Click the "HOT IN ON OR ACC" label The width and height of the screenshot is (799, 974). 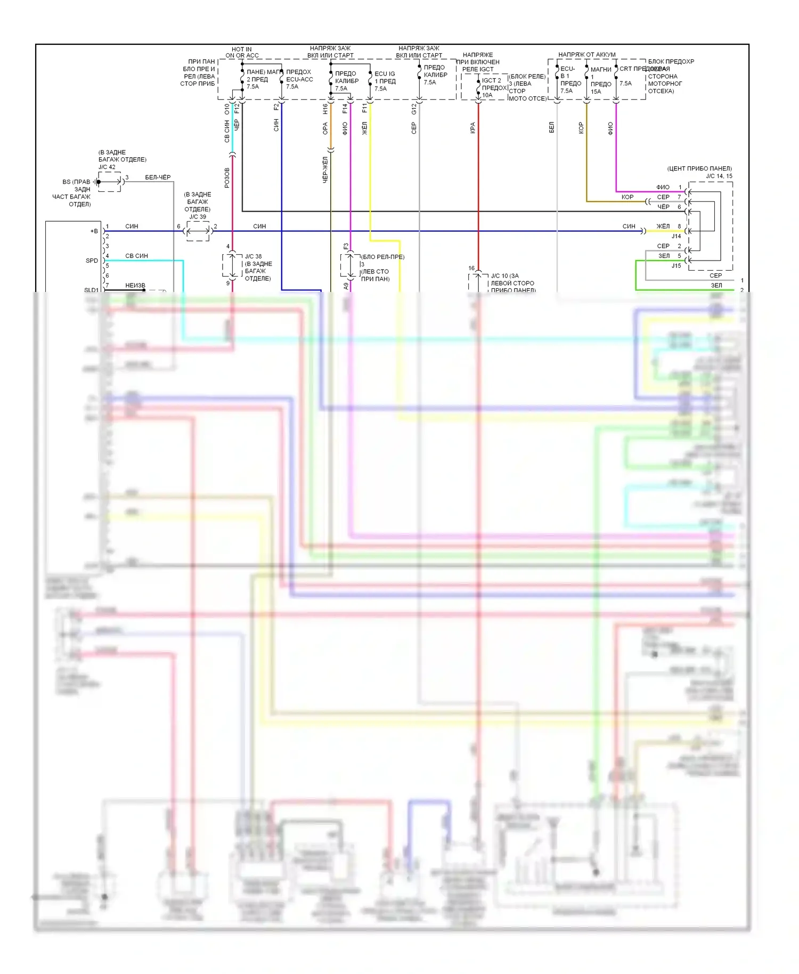[x=242, y=52]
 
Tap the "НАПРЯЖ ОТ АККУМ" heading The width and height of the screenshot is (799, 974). [x=586, y=55]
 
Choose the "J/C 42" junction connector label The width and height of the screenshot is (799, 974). [x=107, y=167]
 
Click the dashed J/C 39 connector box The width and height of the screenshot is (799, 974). [x=198, y=231]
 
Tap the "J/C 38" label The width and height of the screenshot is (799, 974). [x=253, y=256]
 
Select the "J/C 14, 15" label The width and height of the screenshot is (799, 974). [x=719, y=176]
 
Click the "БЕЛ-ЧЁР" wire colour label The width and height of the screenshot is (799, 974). [x=158, y=177]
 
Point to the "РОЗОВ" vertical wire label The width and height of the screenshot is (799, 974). [x=227, y=177]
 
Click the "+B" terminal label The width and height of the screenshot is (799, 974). [x=94, y=231]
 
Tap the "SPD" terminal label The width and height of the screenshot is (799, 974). [x=92, y=261]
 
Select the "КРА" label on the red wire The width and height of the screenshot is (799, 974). [x=472, y=128]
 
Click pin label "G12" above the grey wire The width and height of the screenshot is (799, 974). [x=414, y=109]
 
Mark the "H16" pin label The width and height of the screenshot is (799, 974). [x=325, y=109]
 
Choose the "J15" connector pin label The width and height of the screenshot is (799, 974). [x=676, y=265]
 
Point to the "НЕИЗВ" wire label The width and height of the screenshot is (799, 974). [x=135, y=286]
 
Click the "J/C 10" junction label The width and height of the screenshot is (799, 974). [x=504, y=276]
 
